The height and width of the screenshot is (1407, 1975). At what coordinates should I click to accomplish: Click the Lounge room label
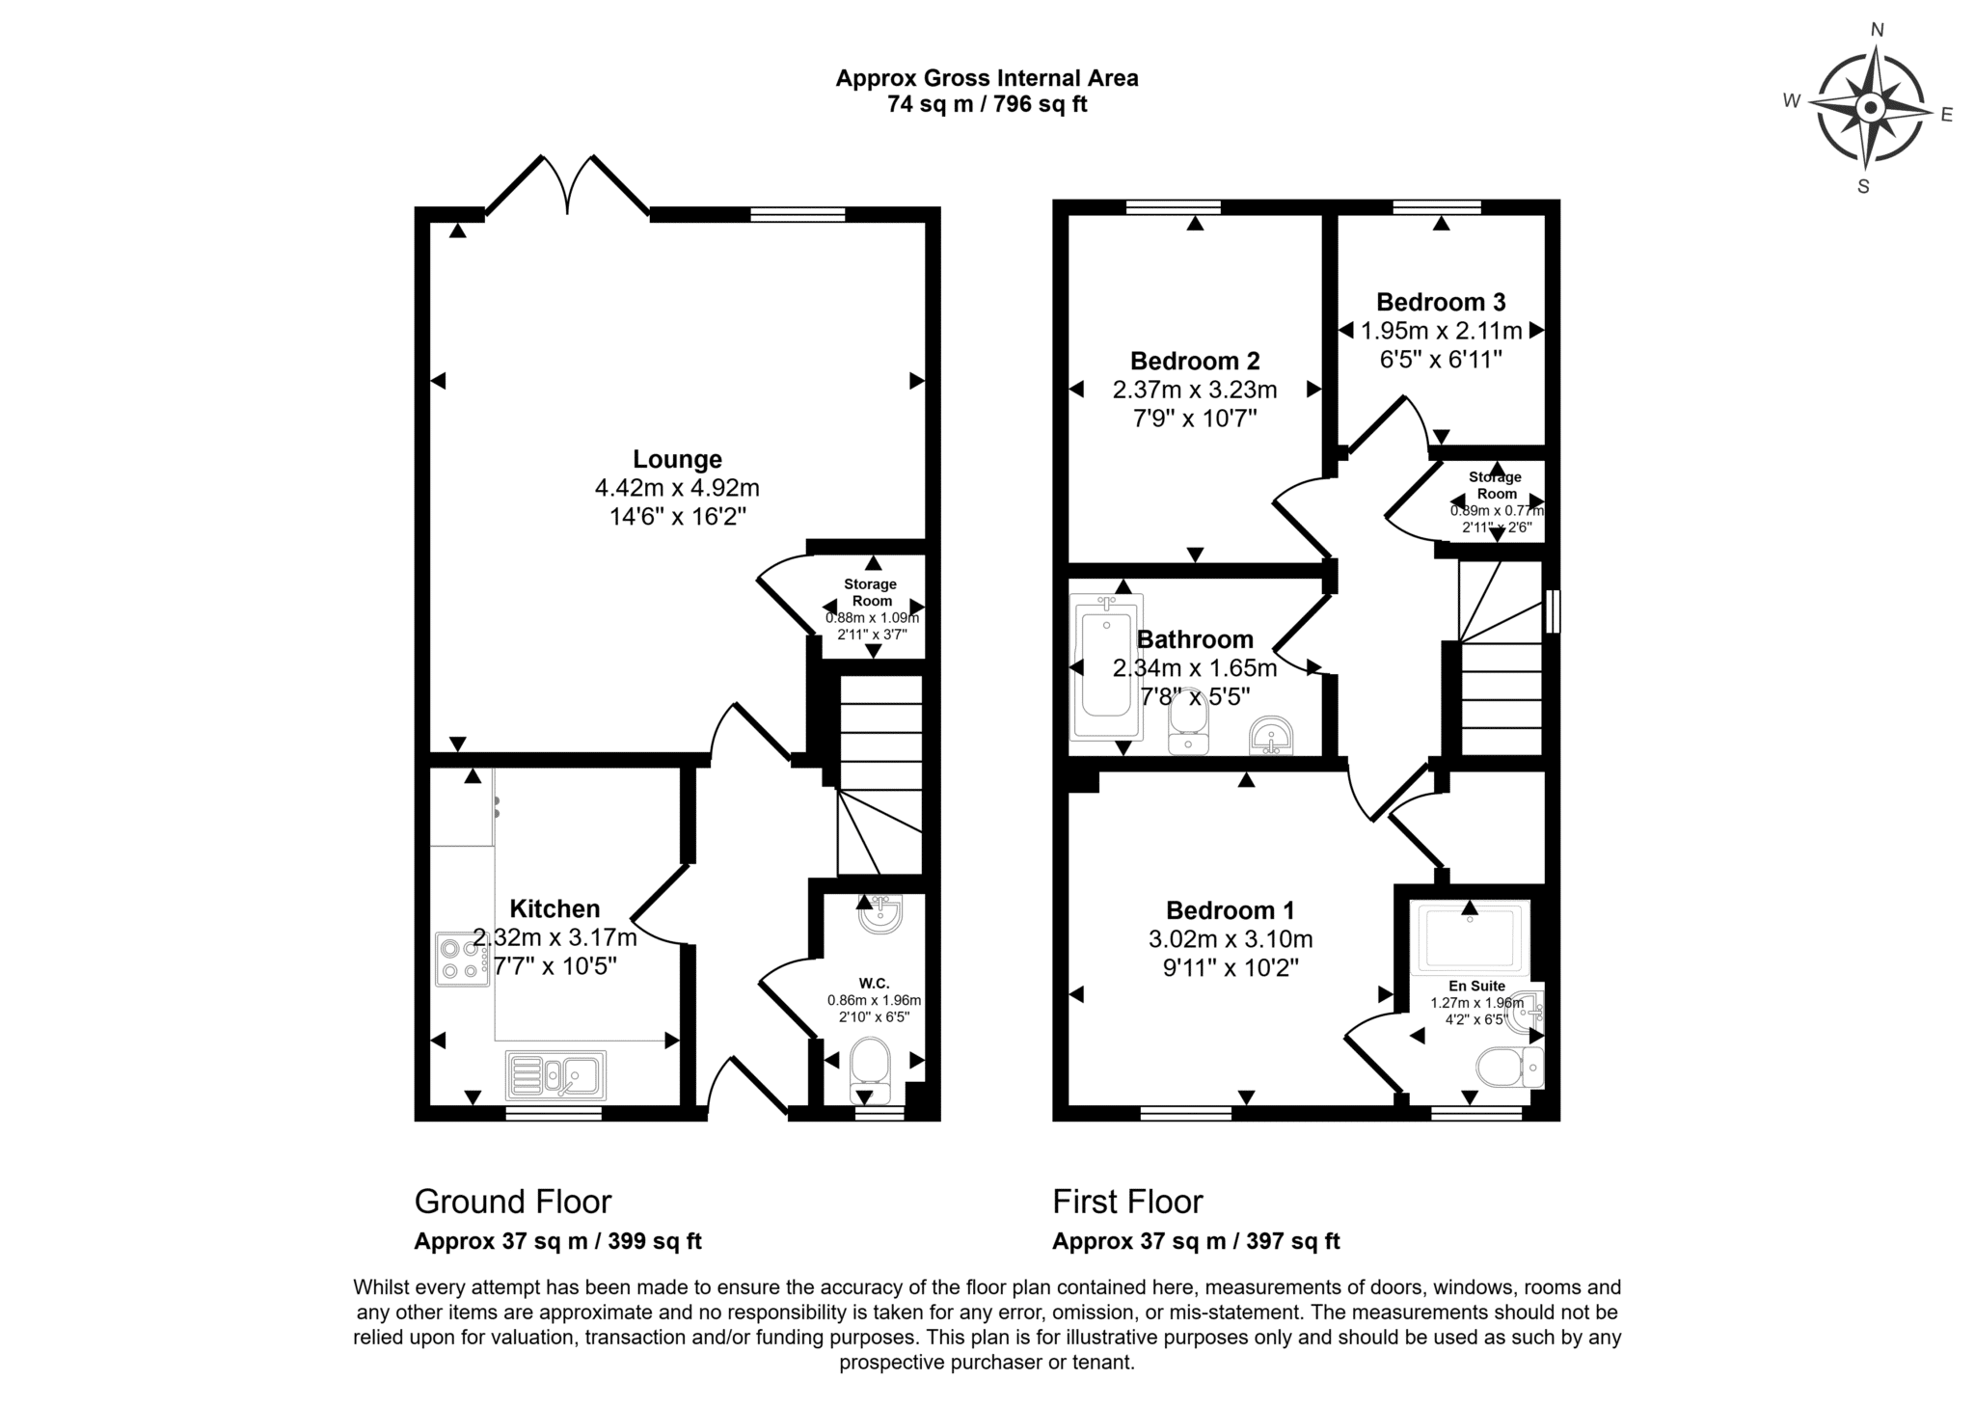point(677,459)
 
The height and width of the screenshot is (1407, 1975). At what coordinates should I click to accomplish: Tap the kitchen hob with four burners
point(463,959)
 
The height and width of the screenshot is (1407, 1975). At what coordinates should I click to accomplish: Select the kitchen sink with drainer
point(555,1075)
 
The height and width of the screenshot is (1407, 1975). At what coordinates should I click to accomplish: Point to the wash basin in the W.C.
point(880,914)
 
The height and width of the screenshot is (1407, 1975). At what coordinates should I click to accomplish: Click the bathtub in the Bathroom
point(1106,666)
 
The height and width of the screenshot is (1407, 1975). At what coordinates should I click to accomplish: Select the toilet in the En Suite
point(1510,1067)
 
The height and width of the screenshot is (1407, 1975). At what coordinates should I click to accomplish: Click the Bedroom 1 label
point(1231,910)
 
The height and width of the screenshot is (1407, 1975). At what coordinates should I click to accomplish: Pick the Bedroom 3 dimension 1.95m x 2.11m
point(1441,331)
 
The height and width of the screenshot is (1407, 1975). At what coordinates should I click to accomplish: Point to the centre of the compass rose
point(1870,108)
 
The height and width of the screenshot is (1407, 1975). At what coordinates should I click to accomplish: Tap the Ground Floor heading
point(513,1202)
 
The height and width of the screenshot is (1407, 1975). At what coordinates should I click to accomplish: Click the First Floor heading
point(1127,1202)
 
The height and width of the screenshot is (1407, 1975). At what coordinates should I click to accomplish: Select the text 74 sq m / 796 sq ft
point(987,104)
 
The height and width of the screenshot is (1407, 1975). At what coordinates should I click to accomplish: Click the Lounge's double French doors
point(567,185)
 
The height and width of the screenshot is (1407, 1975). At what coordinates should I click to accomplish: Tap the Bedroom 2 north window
point(1173,206)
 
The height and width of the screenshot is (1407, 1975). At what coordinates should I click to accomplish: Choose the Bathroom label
point(1195,639)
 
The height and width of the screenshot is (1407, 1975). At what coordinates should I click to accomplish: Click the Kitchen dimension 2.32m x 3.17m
point(555,937)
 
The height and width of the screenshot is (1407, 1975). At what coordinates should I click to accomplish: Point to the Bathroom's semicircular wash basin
point(1273,737)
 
